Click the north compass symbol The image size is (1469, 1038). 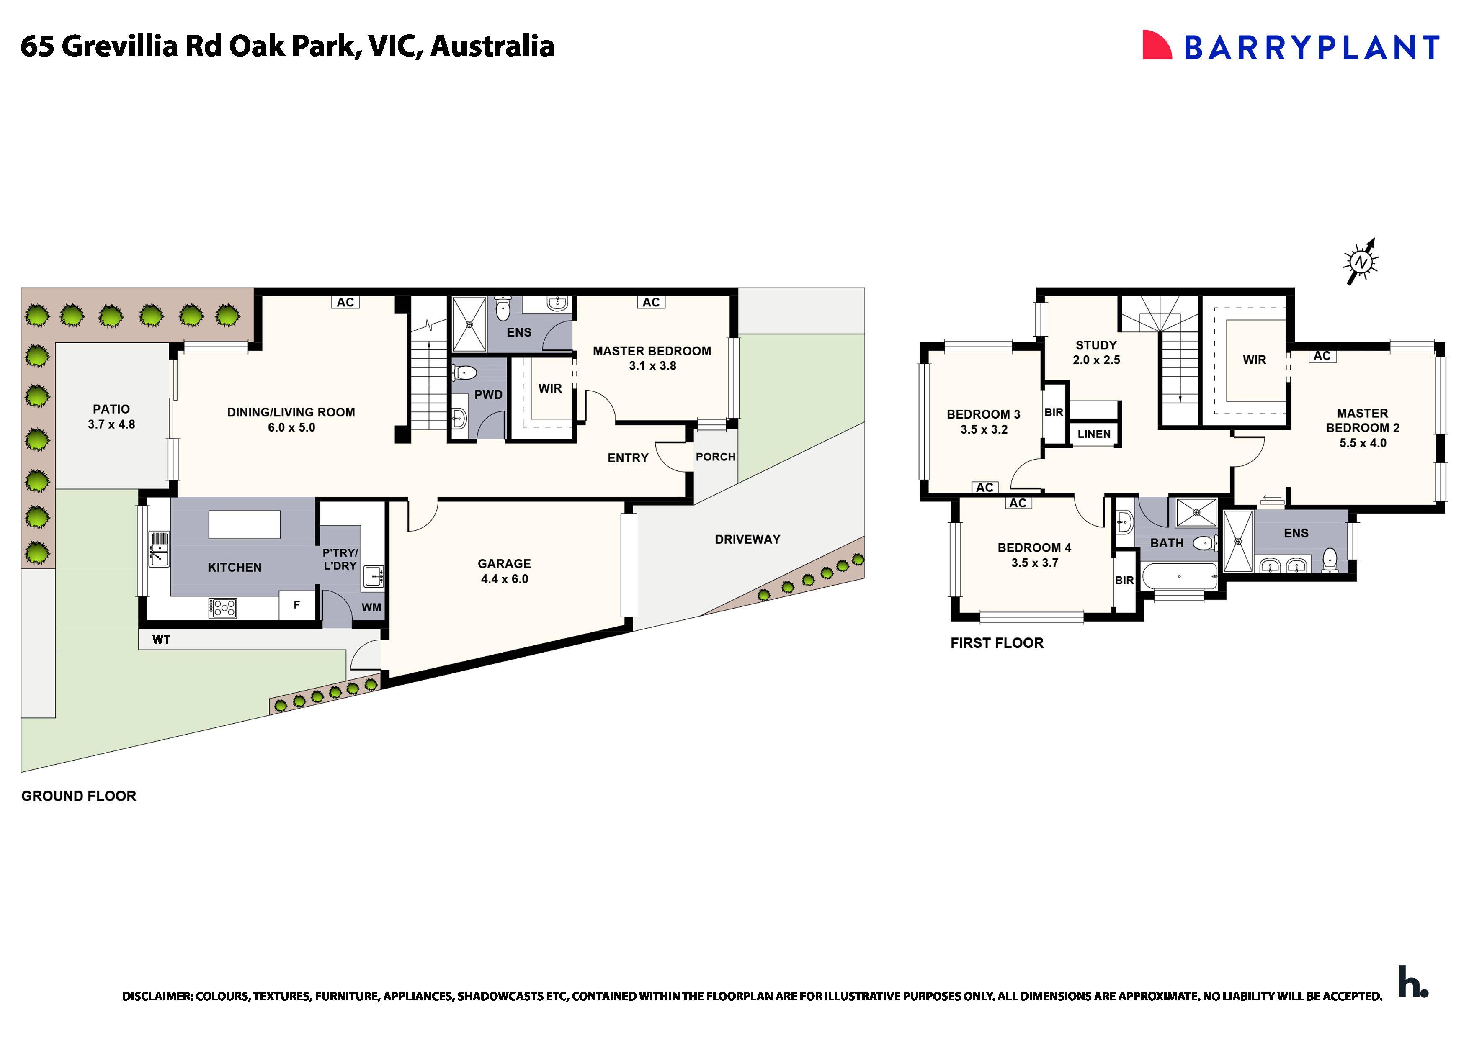(1360, 262)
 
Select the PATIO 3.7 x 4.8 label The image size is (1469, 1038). (111, 416)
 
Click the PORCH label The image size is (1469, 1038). (715, 457)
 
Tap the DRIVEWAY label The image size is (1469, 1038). (747, 539)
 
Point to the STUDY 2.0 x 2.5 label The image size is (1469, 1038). (1096, 352)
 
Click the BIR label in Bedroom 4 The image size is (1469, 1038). (1124, 581)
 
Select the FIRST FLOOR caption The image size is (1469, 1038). (996, 643)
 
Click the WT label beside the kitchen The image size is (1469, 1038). (161, 640)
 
